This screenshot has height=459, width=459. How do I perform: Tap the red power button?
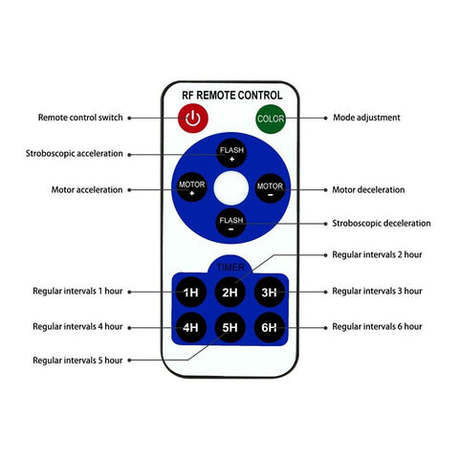[x=193, y=119]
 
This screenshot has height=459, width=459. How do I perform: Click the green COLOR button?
[x=271, y=119]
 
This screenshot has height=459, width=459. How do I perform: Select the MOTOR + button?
[x=192, y=187]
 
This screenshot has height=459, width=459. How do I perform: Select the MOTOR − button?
[x=271, y=188]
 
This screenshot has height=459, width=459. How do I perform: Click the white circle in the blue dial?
[x=231, y=188]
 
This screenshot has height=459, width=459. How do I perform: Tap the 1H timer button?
[x=191, y=292]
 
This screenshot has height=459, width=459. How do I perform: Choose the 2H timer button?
[x=230, y=292]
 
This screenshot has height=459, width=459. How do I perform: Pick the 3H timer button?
[x=270, y=292]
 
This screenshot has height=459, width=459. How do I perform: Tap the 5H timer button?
[x=230, y=327]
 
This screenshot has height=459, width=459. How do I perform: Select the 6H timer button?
[x=270, y=327]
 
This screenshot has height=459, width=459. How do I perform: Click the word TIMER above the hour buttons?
[x=230, y=267]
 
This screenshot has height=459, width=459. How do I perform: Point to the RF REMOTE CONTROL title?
[x=232, y=96]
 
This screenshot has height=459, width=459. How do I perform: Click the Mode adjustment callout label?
[x=366, y=118]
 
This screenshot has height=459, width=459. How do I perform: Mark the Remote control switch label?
[x=80, y=118]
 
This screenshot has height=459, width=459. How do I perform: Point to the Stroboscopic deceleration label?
[x=382, y=224]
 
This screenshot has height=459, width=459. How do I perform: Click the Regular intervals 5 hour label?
[x=77, y=361]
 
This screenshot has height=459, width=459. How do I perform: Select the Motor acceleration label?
[x=87, y=190]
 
